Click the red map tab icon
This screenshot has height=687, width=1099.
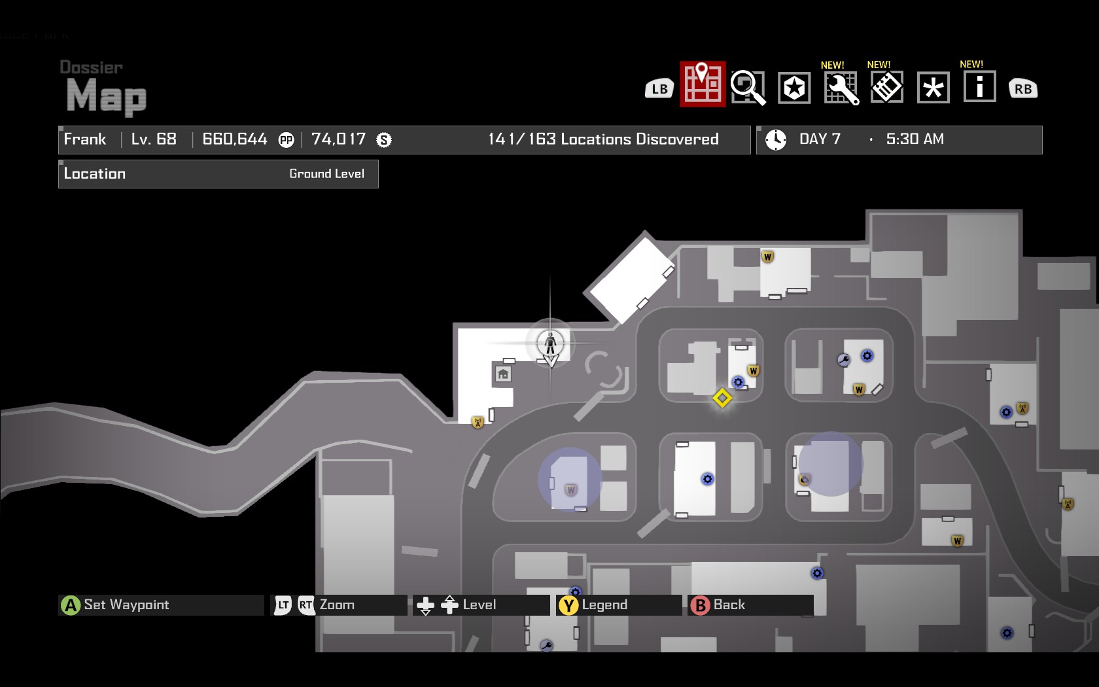point(703,84)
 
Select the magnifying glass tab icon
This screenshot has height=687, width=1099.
point(748,87)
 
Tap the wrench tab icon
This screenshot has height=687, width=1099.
point(841,88)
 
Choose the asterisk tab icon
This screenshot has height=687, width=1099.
point(933,87)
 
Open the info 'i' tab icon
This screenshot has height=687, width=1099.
point(979,86)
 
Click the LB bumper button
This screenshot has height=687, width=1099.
point(659,89)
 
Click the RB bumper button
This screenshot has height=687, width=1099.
point(1023,89)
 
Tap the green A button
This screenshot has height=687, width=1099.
point(70,605)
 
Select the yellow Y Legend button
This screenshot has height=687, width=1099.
point(568,605)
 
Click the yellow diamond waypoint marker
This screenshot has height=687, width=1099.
point(722,398)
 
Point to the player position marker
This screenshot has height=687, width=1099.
point(550,342)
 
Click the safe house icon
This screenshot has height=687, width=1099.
point(502,374)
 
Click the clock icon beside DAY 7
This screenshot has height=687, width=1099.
point(776,139)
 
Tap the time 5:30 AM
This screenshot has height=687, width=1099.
point(915,139)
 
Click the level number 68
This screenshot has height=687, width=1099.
point(166,139)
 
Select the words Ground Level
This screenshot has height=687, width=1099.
point(326,173)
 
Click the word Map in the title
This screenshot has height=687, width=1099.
point(107,96)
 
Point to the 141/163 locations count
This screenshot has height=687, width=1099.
point(602,139)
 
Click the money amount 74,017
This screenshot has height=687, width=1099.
point(338,139)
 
